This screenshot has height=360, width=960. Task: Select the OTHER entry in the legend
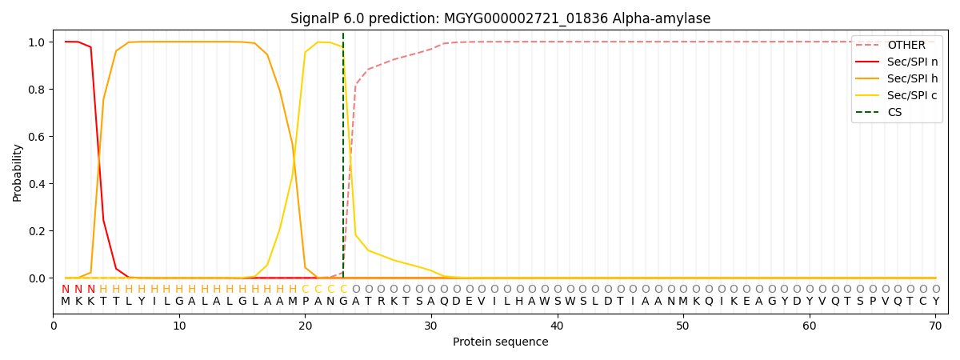coord(906,46)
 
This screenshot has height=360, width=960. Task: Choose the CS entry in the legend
coord(894,112)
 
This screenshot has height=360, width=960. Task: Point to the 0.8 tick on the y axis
coord(38,89)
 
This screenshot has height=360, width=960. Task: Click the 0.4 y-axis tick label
coord(38,184)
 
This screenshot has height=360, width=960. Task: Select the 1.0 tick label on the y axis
coord(38,42)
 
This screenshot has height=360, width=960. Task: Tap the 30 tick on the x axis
coord(431,326)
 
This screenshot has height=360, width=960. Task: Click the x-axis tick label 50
coord(683,326)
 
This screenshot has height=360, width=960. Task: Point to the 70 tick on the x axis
coord(935,326)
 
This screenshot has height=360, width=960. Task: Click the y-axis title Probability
coord(18,172)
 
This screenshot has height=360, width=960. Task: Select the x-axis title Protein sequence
coord(500,342)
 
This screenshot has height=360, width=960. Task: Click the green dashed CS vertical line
coord(343,160)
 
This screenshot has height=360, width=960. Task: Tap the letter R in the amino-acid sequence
coord(381,302)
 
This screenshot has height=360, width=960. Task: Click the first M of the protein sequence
coord(66,302)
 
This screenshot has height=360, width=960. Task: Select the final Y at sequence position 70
coord(935,302)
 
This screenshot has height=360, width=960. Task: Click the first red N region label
coord(66,289)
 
